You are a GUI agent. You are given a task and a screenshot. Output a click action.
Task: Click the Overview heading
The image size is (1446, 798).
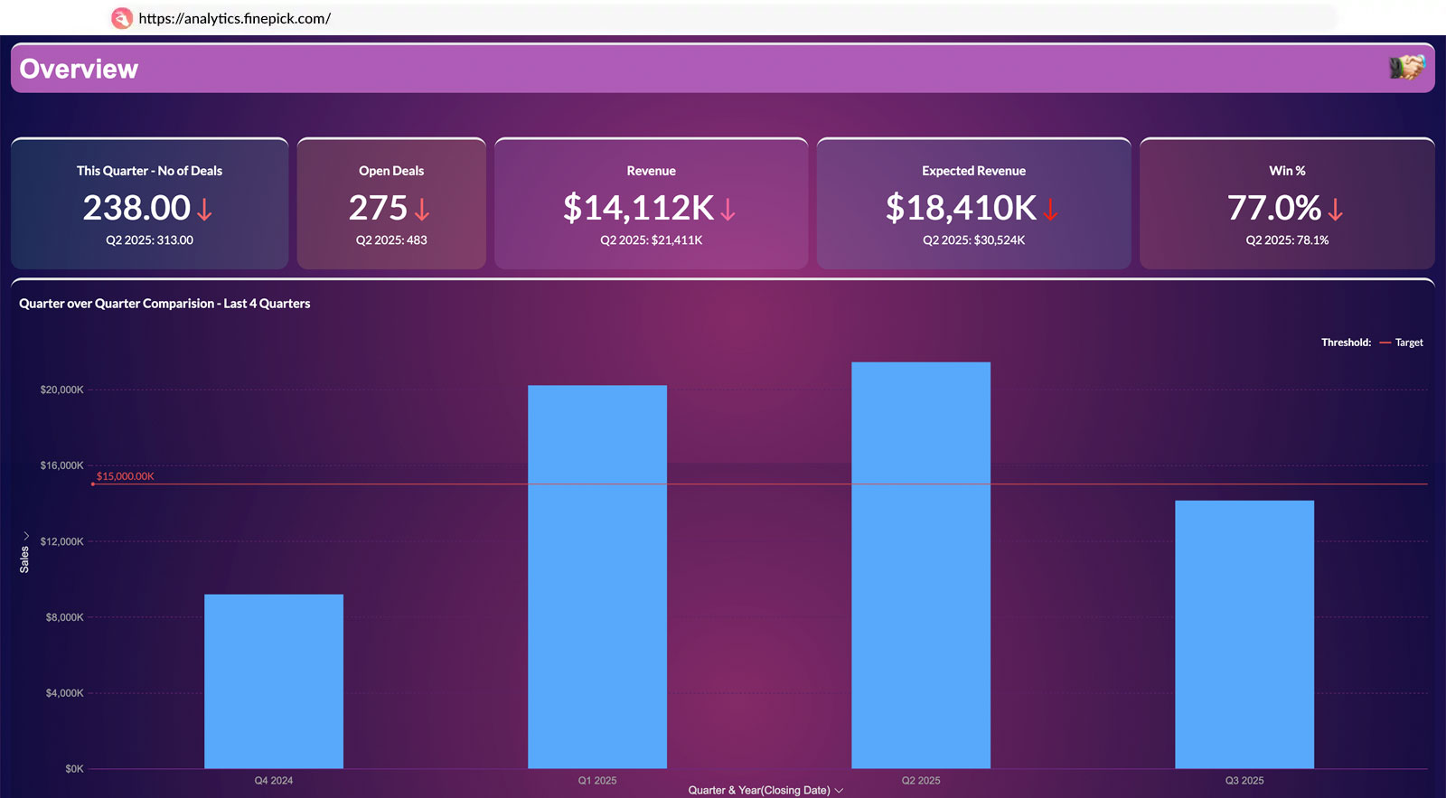(x=79, y=70)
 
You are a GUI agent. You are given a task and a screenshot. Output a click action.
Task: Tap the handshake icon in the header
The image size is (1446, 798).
(x=1406, y=67)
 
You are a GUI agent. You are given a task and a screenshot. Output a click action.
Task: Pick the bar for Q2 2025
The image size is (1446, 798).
(x=921, y=565)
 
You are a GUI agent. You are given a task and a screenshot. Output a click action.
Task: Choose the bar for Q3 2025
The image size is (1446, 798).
(x=1244, y=634)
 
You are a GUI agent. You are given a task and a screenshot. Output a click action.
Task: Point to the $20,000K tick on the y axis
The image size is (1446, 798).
(x=61, y=390)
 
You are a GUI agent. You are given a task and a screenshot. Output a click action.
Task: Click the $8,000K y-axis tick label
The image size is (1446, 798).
(x=64, y=618)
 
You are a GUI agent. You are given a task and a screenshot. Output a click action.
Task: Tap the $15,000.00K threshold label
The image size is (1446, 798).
(x=126, y=476)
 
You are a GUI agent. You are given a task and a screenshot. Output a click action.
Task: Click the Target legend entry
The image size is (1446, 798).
(x=1408, y=343)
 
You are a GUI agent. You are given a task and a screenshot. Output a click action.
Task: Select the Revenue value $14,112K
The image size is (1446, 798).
(x=638, y=209)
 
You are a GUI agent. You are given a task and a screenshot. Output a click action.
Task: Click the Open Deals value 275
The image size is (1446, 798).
(x=379, y=209)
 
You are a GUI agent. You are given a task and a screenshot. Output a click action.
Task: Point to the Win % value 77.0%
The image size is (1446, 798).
(x=1274, y=209)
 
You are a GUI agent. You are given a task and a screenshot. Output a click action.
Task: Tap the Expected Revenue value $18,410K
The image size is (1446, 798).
(x=961, y=209)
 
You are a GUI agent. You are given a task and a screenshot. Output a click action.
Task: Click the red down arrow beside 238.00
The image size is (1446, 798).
(x=205, y=211)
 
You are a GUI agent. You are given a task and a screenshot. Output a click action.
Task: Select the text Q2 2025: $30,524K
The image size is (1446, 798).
(x=973, y=240)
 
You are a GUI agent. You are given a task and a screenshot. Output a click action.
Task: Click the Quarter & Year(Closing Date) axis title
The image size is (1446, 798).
(x=759, y=791)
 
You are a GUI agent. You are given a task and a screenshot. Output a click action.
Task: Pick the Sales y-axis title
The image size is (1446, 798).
(x=24, y=559)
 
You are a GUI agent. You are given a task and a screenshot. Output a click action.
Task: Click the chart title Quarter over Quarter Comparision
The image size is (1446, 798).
(x=164, y=304)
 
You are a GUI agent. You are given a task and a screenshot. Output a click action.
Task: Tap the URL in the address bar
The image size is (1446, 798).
(x=234, y=18)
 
